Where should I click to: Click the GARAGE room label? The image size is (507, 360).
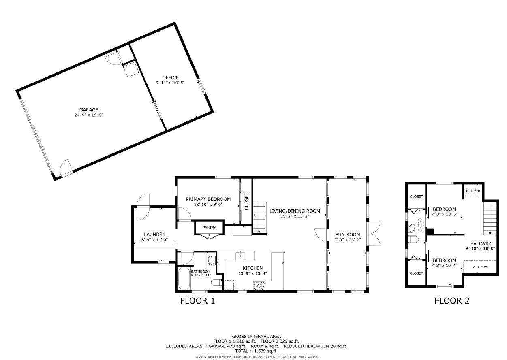tap(89, 110)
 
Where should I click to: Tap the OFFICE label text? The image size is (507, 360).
tap(170, 77)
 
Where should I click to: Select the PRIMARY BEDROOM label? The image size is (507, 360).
tap(208, 199)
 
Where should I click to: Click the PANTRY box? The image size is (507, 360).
tap(210, 228)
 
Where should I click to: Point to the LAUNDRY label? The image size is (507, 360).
tap(154, 234)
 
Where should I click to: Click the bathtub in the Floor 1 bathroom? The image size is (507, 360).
tap(184, 278)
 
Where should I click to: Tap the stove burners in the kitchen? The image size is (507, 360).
tap(259, 285)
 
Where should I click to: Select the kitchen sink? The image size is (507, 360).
tap(240, 255)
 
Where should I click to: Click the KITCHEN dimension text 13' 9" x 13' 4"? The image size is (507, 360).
tap(252, 273)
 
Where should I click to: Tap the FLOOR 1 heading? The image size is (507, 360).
tap(197, 301)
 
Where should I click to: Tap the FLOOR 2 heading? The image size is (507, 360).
tap(452, 301)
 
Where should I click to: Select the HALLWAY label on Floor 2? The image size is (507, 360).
tap(480, 243)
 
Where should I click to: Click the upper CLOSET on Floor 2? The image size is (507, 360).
tap(416, 196)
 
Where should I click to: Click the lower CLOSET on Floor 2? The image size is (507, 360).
tap(416, 273)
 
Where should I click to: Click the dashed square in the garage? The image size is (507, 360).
tap(131, 70)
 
